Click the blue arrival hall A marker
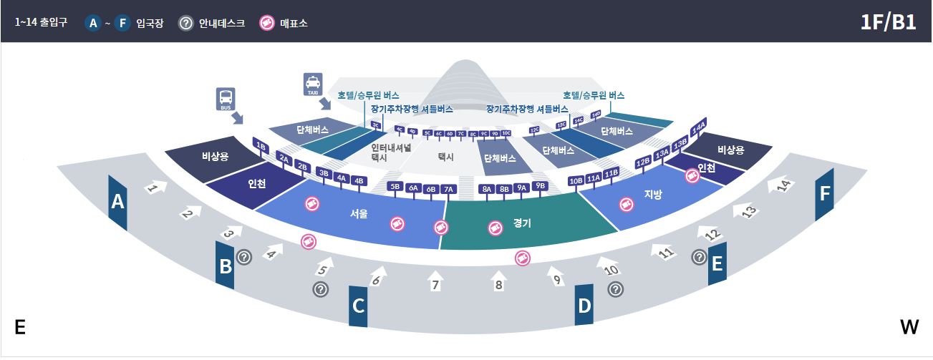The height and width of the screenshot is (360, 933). click(x=117, y=203)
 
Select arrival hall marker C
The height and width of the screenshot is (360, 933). click(x=358, y=306)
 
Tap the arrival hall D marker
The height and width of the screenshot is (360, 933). click(x=584, y=306)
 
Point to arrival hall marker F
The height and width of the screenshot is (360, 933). click(x=825, y=194)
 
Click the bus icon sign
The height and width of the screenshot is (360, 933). click(x=226, y=99)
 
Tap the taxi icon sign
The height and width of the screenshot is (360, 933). click(x=313, y=84)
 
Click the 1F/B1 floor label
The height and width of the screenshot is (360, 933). click(x=888, y=22)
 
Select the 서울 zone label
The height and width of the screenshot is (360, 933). click(x=359, y=213)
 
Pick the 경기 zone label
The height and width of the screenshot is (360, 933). click(x=522, y=223)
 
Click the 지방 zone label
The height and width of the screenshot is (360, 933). click(x=653, y=193)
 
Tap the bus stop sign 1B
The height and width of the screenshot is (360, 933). click(x=261, y=146)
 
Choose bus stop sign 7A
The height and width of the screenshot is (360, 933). click(x=448, y=189)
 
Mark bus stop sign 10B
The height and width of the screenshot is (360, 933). click(x=576, y=180)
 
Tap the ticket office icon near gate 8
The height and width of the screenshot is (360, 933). click(x=522, y=258)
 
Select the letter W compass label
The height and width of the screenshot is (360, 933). click(x=909, y=328)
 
